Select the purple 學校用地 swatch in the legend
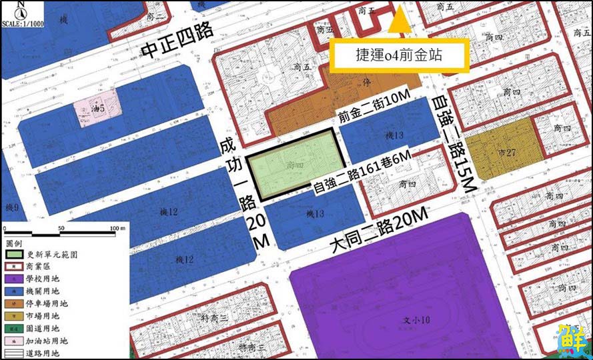pyautogui.click(x=13, y=279)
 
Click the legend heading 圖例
pyautogui.click(x=14, y=243)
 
